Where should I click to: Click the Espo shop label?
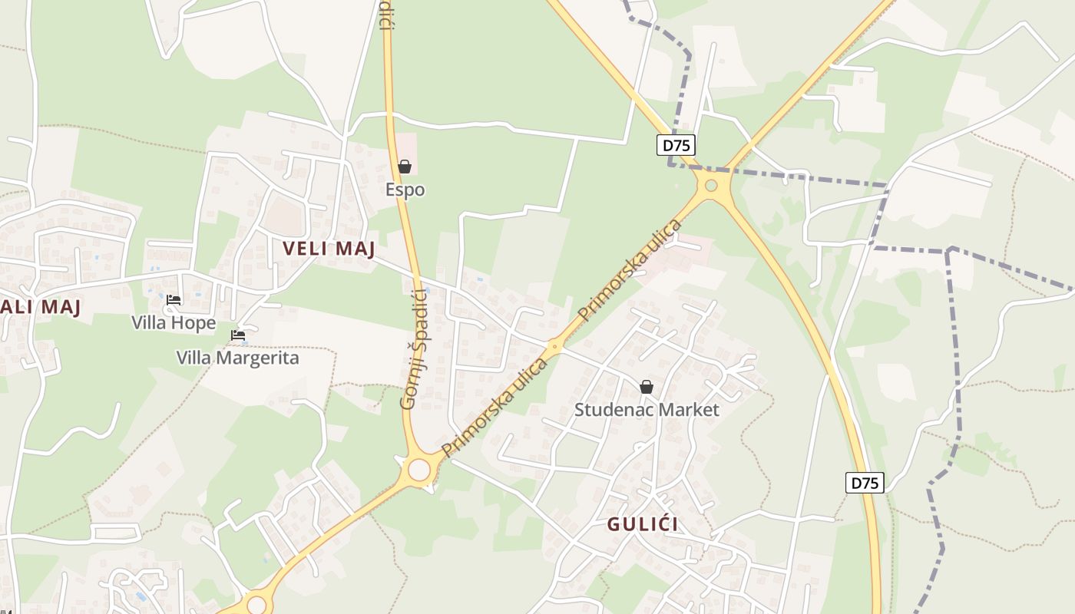click(x=405, y=190)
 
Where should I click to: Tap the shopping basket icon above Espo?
click(x=405, y=167)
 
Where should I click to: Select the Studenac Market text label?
click(x=647, y=410)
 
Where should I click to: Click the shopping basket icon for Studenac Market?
click(x=647, y=387)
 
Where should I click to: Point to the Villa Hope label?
click(x=174, y=323)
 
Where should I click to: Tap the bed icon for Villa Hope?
click(x=174, y=300)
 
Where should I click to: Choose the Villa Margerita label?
click(x=237, y=358)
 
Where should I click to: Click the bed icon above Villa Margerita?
click(x=238, y=335)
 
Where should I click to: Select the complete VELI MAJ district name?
click(x=329, y=249)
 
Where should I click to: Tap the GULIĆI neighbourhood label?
click(x=643, y=525)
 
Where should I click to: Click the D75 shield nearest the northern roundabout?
click(x=676, y=145)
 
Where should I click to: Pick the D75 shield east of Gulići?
click(x=865, y=483)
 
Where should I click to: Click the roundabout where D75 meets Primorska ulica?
click(x=711, y=185)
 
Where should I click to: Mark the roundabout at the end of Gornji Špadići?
click(x=419, y=469)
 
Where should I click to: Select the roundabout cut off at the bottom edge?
click(x=256, y=606)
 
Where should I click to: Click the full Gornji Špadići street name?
click(x=414, y=349)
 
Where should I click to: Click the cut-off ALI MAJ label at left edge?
click(x=40, y=307)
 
